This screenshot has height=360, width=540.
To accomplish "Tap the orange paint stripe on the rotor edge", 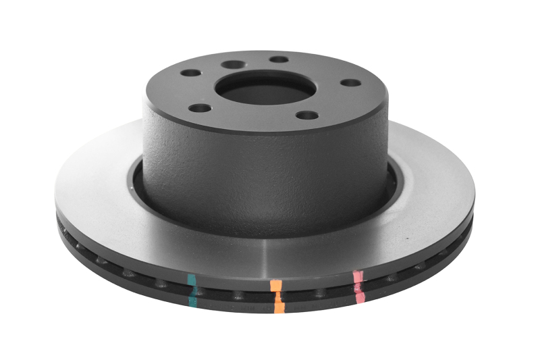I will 277,296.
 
